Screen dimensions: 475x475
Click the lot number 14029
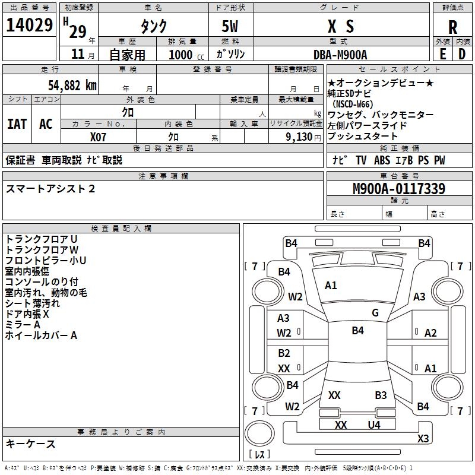point(29,26)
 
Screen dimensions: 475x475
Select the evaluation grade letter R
point(452,27)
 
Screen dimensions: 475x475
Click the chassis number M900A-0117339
point(399,189)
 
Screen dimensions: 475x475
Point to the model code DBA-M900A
point(340,54)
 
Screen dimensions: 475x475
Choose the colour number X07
point(99,137)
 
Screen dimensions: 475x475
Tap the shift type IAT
point(17,123)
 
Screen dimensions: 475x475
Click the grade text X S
point(341,26)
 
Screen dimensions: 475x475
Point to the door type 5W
point(232,26)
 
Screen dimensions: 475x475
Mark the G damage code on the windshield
point(375,313)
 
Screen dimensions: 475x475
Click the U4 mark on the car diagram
point(373,425)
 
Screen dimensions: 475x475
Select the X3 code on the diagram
point(423,439)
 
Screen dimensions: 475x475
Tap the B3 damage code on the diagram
point(381,395)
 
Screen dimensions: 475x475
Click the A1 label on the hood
point(331,286)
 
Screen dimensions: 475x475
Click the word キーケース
point(31,444)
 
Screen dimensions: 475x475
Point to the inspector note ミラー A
point(23,325)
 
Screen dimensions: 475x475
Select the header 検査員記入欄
point(121,228)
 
